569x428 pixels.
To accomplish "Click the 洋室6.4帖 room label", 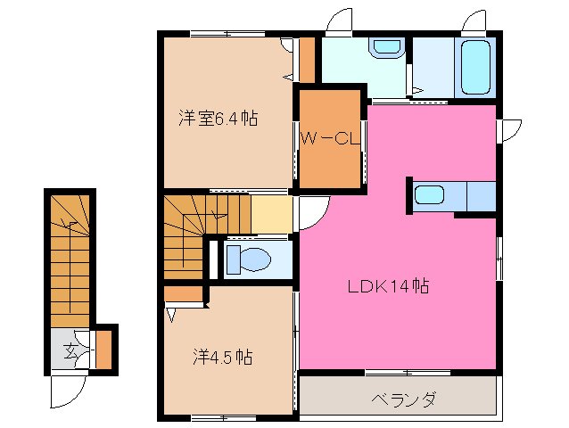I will tap(218, 118).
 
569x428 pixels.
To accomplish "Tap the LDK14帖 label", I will tap(389, 287).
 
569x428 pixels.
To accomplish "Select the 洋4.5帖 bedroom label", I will tap(223, 358).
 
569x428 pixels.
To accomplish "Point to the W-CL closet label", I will tap(328, 138).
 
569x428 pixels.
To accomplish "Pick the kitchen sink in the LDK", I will tap(430, 194).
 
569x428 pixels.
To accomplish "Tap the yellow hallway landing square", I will tap(271, 215).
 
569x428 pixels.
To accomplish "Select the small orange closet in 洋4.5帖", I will tap(184, 293).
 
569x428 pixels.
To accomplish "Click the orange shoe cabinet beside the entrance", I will tap(103, 350).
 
